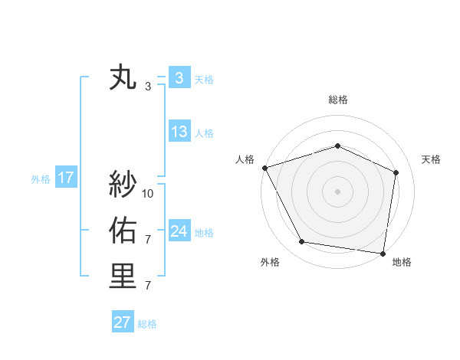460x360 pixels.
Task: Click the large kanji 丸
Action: coord(123,78)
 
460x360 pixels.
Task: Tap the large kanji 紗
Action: coord(123,184)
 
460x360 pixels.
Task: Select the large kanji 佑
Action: coord(123,230)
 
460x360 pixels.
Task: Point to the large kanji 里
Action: coord(123,276)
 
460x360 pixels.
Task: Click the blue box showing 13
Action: coord(179,132)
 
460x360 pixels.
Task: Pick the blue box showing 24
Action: coord(179,231)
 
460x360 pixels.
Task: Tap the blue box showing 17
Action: coord(66,178)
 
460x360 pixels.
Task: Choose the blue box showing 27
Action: coord(122,322)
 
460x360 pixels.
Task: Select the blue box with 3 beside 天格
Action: coord(179,78)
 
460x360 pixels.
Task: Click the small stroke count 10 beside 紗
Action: coord(148,194)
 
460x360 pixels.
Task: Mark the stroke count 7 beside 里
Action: coord(148,286)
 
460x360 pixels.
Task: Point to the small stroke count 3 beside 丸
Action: coord(148,87)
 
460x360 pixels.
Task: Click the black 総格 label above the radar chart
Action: coord(338,100)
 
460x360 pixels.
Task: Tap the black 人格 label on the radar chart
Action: coord(245,159)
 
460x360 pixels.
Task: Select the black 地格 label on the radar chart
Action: coord(402,262)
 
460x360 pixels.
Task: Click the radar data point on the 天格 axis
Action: coord(396,172)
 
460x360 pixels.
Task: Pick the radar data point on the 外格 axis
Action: coord(302,242)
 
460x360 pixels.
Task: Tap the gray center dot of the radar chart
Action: coord(337,191)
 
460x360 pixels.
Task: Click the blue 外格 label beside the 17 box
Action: coord(41,179)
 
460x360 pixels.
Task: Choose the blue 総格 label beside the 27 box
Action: coord(147,324)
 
